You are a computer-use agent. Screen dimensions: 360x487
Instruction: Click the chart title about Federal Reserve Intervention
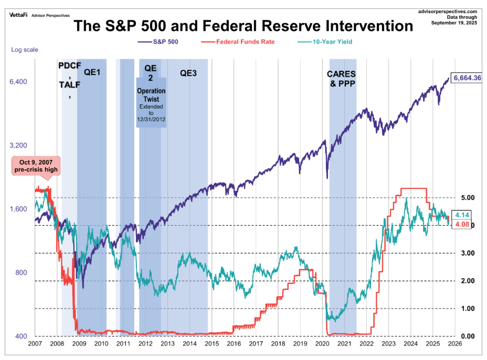(243, 26)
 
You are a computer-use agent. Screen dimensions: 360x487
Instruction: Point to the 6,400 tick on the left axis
(18, 82)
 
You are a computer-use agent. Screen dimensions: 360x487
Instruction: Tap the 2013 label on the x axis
(167, 344)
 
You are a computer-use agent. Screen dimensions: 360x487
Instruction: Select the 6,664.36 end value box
(467, 78)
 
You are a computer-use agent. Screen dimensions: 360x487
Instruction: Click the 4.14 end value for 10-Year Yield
(462, 215)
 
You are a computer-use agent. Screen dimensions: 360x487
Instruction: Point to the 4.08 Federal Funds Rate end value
(462, 225)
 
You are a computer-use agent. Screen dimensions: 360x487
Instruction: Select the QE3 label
(188, 73)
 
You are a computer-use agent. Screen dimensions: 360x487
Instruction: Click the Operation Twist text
(151, 94)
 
